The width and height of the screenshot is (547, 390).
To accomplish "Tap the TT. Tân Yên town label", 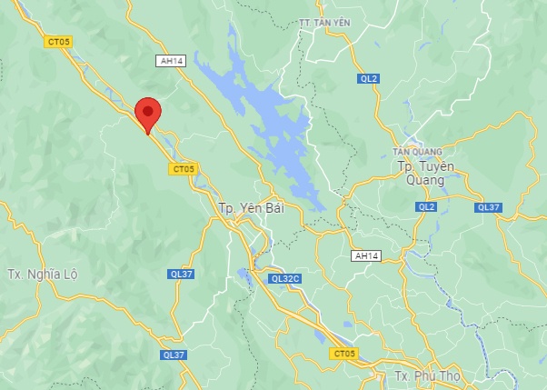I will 323,22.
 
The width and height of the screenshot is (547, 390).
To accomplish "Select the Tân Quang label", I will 417,151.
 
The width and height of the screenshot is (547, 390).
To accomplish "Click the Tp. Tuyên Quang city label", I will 421,172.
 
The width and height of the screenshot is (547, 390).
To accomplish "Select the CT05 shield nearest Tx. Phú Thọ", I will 345,352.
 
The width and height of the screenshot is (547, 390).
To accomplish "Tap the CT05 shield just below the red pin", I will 184,168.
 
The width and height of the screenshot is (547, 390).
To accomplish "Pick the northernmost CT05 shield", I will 58,42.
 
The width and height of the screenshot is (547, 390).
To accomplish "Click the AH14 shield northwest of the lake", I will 170,61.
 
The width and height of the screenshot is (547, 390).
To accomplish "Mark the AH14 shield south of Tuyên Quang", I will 366,256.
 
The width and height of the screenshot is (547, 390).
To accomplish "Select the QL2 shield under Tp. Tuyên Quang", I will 426,206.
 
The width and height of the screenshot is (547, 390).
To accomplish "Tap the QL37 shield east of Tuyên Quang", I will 488,206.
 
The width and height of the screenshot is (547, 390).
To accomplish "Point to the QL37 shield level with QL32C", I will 181,274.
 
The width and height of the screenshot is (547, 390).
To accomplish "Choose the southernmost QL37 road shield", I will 173,355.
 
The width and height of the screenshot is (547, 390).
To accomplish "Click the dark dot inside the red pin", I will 147,110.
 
